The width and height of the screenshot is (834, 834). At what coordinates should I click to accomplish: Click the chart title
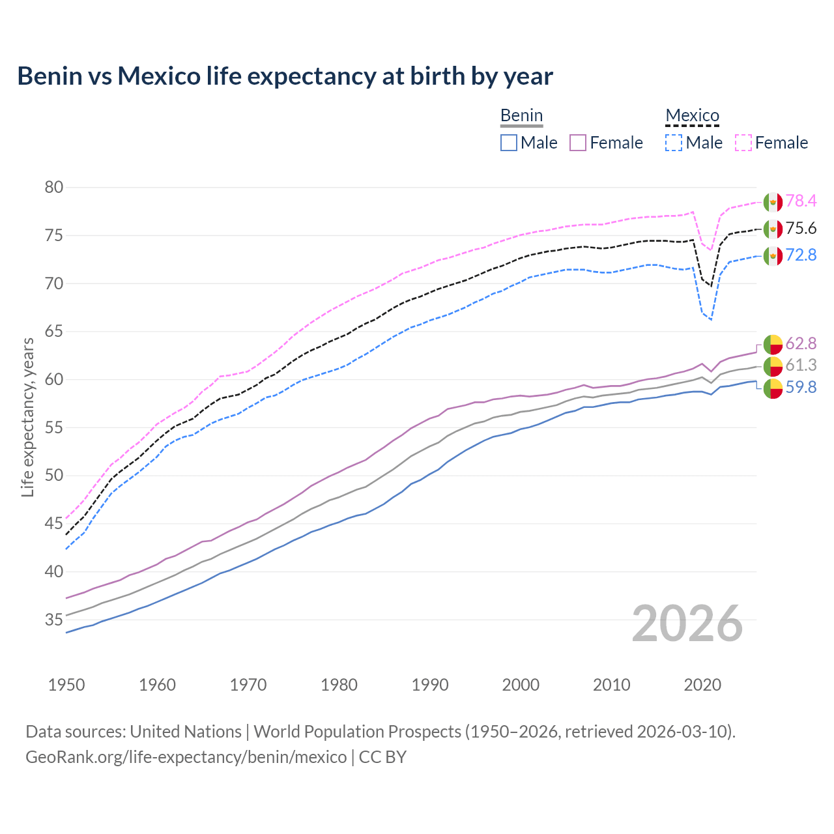pos(285,76)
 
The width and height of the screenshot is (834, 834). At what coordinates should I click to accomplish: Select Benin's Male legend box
pos(509,143)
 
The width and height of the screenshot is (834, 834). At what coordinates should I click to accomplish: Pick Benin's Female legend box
pos(578,143)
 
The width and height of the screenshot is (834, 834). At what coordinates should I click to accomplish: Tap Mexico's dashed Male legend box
pos(674,143)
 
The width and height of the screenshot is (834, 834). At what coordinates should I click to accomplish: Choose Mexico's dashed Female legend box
pos(743,143)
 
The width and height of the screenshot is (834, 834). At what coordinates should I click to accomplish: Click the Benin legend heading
pos(521,116)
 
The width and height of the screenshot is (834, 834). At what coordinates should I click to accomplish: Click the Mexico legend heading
pos(692,116)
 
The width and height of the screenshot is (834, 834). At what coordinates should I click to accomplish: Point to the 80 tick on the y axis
pos(54,188)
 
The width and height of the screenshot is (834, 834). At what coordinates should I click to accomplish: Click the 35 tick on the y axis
pos(54,620)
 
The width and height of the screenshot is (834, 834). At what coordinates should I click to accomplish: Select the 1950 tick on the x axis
pos(66,685)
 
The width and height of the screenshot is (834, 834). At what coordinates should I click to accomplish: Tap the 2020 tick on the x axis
pos(702,685)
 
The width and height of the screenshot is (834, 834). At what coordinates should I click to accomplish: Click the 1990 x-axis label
pos(430,685)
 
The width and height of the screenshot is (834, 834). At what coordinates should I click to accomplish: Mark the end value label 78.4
pos(801,201)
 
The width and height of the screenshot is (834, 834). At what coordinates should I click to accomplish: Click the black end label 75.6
pos(801,229)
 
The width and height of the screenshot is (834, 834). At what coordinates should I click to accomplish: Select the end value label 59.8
pos(801,388)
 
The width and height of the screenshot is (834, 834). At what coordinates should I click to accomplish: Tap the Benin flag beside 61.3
pos(773,366)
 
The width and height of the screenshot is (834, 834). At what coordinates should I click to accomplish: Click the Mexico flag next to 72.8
pos(773,255)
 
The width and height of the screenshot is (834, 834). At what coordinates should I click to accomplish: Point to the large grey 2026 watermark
pos(687,624)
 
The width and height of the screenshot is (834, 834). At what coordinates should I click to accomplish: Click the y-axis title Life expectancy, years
pos(28,417)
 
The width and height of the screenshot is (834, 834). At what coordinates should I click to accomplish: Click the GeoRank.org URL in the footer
pos(186,757)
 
